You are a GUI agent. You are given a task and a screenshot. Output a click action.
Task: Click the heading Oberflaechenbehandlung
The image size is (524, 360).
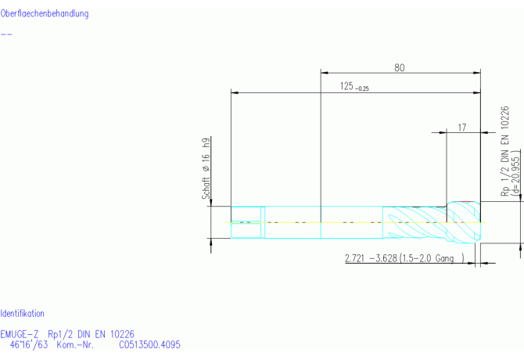(x=45, y=14)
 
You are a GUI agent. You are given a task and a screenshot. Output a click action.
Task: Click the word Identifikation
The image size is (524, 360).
(x=23, y=314)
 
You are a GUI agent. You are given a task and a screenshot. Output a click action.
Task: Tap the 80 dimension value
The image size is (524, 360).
(x=400, y=68)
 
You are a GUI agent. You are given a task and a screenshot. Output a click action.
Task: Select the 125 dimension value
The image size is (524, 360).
(x=346, y=86)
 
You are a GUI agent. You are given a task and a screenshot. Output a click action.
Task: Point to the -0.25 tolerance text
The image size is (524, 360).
(x=362, y=88)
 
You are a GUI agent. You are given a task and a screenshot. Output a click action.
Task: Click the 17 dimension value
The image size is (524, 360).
(x=462, y=128)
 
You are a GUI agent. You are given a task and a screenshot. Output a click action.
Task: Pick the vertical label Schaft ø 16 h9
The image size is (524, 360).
(x=206, y=168)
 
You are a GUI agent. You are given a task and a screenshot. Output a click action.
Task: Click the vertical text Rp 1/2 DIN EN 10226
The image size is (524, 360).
(x=504, y=151)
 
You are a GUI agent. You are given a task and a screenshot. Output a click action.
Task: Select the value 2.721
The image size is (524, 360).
(x=354, y=258)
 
